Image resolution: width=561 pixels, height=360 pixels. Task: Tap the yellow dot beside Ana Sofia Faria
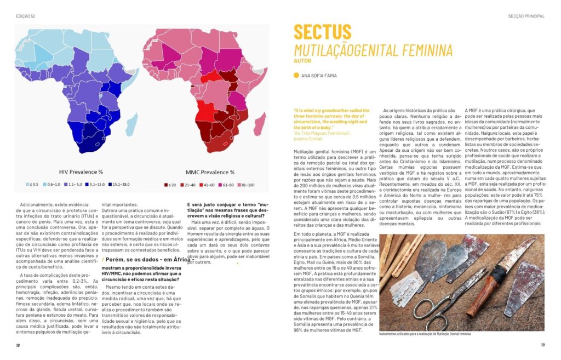coord(296,76)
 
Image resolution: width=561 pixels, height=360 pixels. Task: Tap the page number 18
coord(18,345)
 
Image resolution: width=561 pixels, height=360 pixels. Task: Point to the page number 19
coord(542,345)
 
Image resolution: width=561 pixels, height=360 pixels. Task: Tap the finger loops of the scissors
coord(433,314)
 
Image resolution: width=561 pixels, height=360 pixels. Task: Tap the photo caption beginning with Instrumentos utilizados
coord(424,334)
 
